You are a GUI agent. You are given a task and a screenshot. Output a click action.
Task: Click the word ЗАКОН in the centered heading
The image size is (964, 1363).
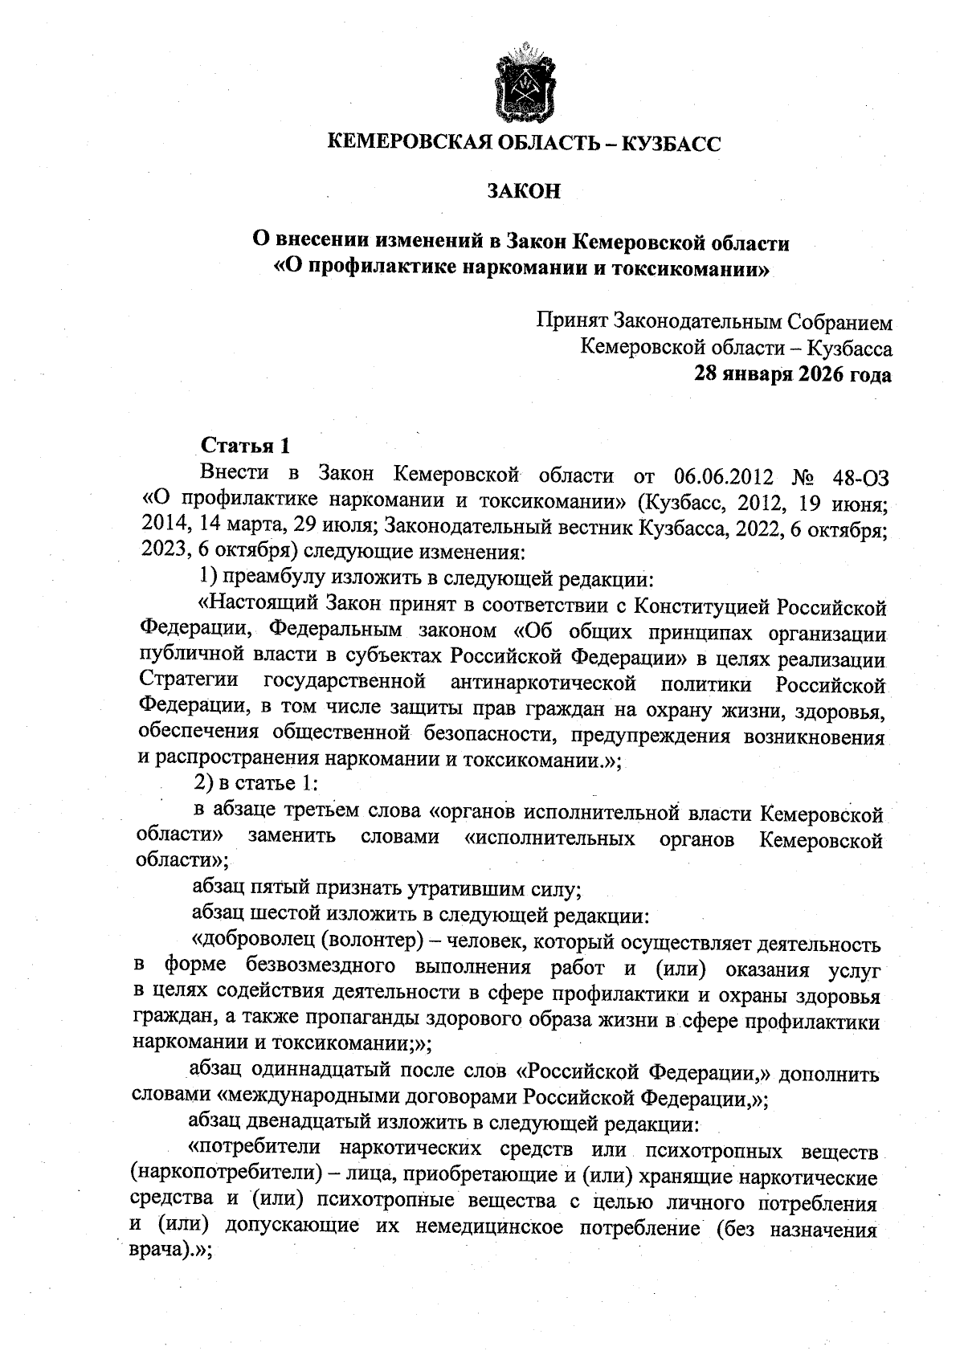(523, 192)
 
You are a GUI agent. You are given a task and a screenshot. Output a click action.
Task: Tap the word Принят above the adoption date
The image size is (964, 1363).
(572, 322)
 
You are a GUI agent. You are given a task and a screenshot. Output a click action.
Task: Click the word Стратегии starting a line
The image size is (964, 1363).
(189, 681)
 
